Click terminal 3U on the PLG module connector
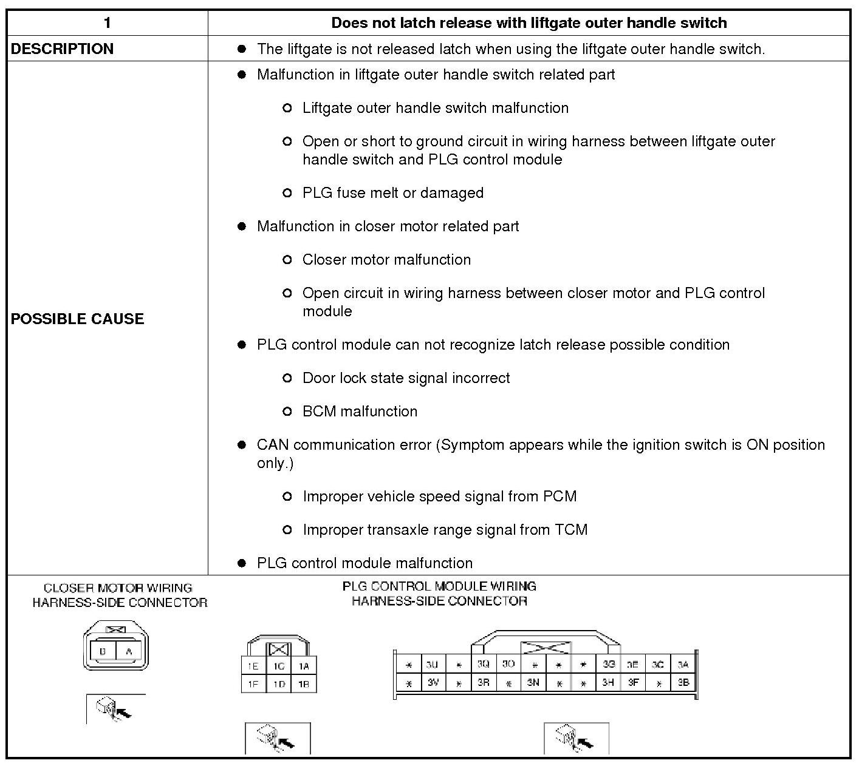pos(433,664)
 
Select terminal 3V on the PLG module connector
pos(433,683)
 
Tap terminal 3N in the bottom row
pos(533,683)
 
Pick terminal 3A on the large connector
pos(683,664)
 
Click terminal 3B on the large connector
pos(683,683)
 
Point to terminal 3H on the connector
pos(608,683)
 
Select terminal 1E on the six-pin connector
pos(253,666)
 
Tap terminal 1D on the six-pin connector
pos(279,684)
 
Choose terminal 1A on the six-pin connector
pos(304,666)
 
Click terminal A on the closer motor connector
pos(128,652)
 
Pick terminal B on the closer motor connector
pos(103,652)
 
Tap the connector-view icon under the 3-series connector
pos(576,738)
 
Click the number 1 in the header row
pos(107,23)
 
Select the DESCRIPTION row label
pos(62,49)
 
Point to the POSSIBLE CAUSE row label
pos(77,319)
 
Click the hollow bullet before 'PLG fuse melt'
pos(287,193)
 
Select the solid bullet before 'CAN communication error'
pos(242,445)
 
